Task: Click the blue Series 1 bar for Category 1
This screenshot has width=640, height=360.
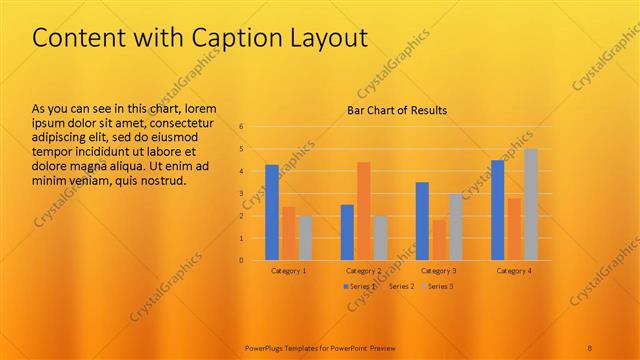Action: (272, 212)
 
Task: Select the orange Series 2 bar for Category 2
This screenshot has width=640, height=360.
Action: (363, 211)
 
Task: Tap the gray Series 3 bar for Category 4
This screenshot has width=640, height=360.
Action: (531, 204)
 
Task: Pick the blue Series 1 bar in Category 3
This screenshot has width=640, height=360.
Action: (422, 221)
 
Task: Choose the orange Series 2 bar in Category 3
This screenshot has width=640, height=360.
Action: (438, 240)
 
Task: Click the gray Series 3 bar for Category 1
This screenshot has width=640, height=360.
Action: (305, 238)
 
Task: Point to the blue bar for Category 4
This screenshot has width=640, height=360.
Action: (497, 210)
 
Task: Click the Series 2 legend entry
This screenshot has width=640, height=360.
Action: (400, 287)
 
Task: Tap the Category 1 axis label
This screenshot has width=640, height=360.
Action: (289, 271)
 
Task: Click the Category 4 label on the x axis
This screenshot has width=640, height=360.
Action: (513, 271)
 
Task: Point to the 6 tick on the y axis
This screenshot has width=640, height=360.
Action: (241, 127)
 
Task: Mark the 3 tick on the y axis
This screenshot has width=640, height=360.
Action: (241, 194)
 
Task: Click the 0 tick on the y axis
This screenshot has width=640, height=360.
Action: (241, 260)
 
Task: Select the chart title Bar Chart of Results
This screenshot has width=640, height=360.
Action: (397, 110)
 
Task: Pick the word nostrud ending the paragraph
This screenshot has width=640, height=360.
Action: (160, 180)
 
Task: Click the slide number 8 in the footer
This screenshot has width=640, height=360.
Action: (590, 348)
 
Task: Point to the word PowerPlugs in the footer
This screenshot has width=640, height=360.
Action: (266, 348)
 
